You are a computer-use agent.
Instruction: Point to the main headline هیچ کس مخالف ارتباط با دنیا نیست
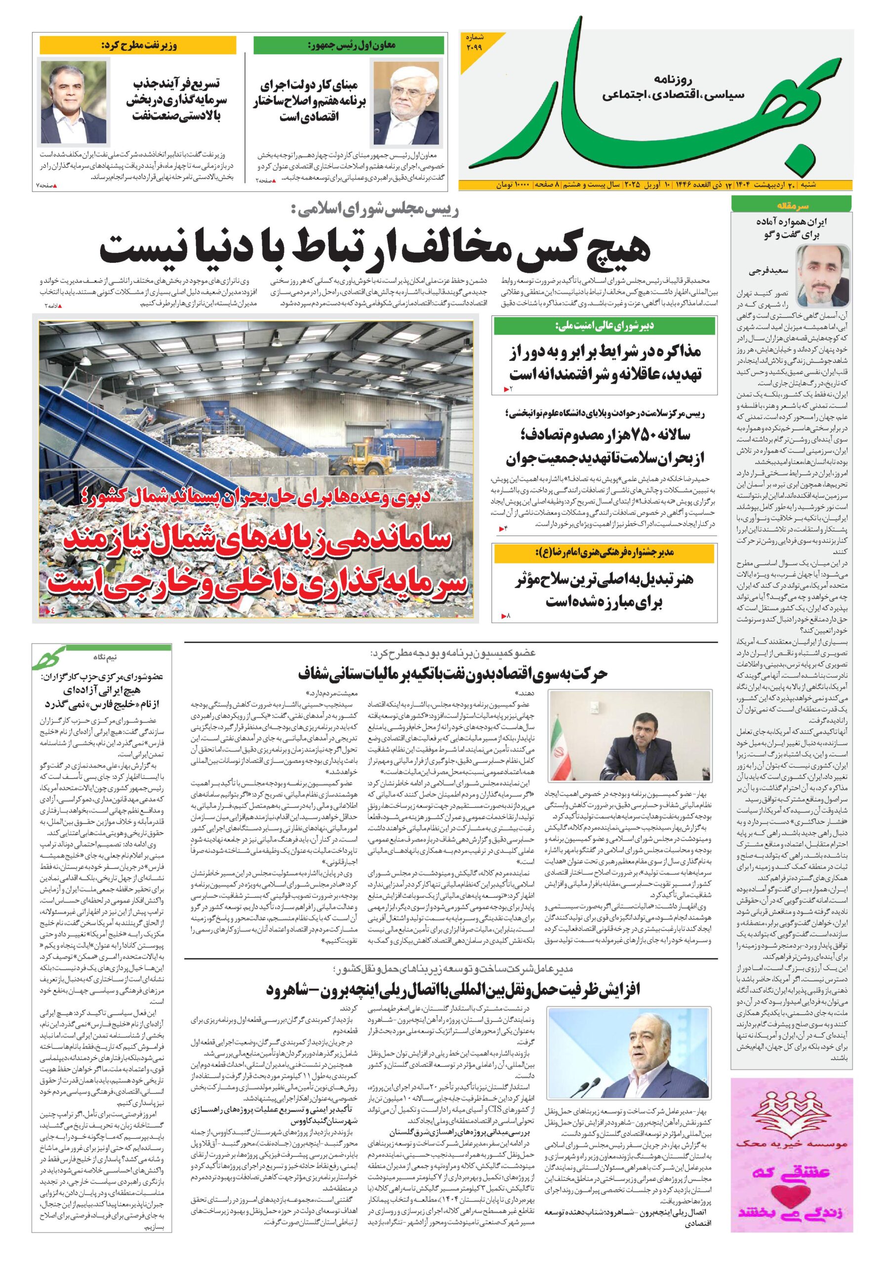pyautogui.click(x=374, y=249)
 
